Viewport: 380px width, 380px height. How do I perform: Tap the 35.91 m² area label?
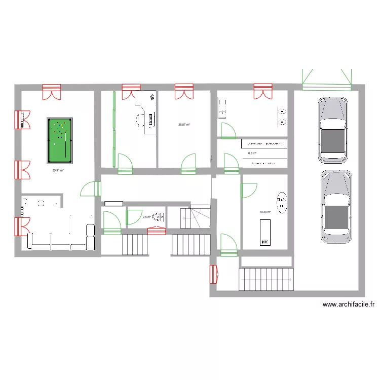pyautogui.click(x=58, y=170)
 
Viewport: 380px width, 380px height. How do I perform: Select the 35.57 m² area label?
pyautogui.click(x=184, y=124)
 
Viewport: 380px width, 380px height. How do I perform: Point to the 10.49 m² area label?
pyautogui.click(x=264, y=212)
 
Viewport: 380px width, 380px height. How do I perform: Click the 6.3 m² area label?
pyautogui.click(x=252, y=153)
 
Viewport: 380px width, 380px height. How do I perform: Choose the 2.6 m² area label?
pyautogui.click(x=146, y=217)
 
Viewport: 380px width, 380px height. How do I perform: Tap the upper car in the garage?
pyautogui.click(x=332, y=130)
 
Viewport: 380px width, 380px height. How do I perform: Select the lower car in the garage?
pyautogui.click(x=336, y=206)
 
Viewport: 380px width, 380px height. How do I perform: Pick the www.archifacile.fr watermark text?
pyautogui.click(x=349, y=305)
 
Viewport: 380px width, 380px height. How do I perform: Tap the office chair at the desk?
pyautogui.click(x=139, y=120)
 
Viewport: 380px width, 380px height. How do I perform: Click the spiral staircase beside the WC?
pyautogui.click(x=199, y=217)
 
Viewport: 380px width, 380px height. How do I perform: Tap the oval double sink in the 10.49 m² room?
pyautogui.click(x=280, y=203)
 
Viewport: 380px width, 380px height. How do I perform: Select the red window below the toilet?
pyautogui.click(x=157, y=231)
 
